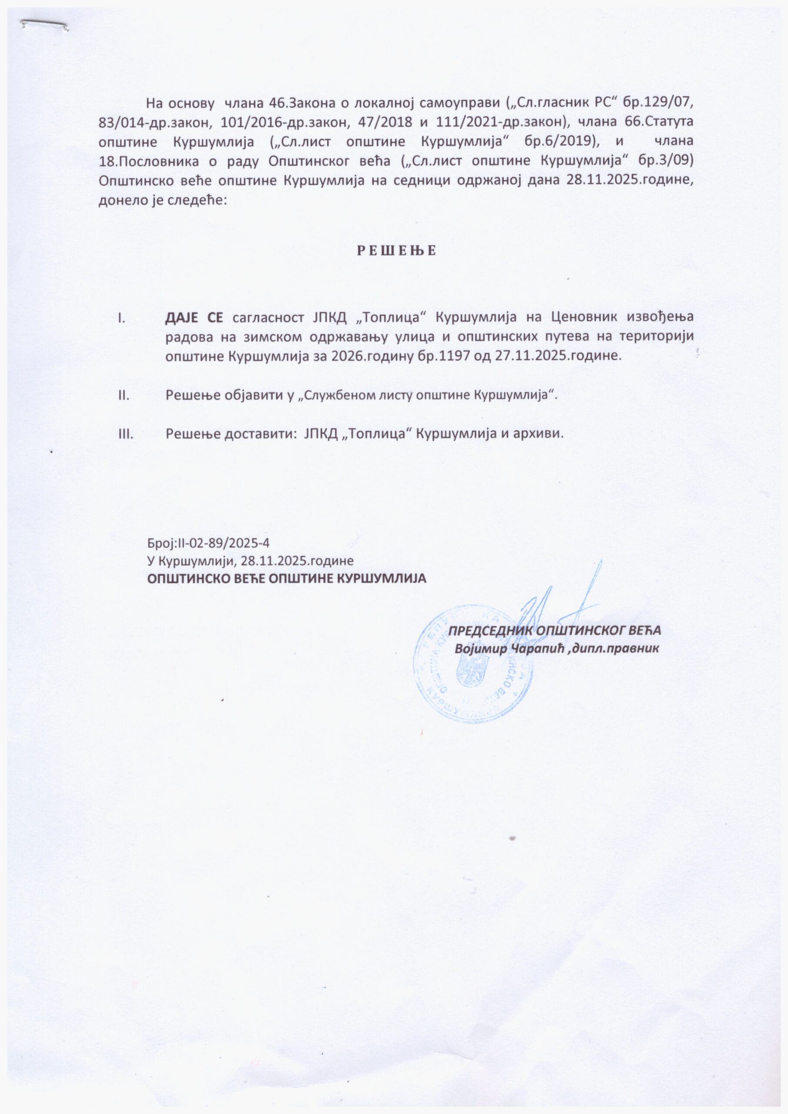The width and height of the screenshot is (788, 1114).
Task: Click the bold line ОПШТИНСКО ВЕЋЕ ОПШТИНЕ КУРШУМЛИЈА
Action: [287, 579]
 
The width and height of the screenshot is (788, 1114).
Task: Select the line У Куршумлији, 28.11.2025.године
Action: [250, 561]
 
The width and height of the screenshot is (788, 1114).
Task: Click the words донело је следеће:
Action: [163, 200]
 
